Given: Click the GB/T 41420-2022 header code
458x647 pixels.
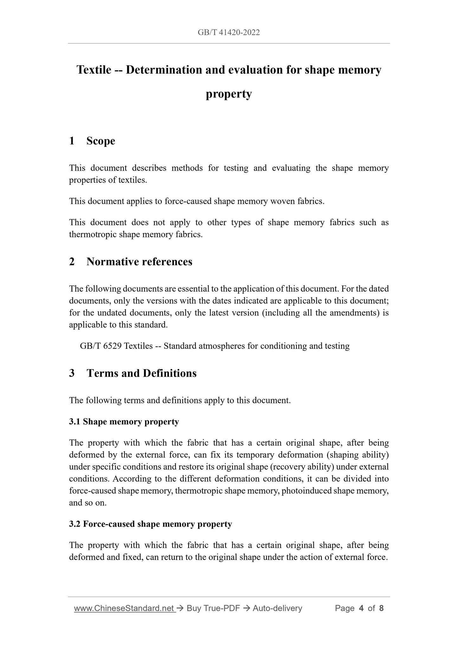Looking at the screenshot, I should pos(229,32).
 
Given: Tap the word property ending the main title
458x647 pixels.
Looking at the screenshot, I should pos(229,94).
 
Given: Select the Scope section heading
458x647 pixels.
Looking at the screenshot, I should pos(100,141).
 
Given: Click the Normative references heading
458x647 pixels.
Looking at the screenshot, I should pos(139,262).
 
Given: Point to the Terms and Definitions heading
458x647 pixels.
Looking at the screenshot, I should pos(141,373).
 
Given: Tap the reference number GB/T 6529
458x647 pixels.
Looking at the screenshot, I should pos(100,346).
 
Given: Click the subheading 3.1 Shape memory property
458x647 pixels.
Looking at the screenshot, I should pos(124,422).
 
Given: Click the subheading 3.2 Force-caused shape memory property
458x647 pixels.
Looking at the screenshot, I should pos(151,524).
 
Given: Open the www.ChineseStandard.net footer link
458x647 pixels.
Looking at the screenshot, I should pos(125,608).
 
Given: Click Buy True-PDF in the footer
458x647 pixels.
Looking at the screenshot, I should pos(213,608).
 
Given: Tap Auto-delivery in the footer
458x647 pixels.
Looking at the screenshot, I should pos(277,608).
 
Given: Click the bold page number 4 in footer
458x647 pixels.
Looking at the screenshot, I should pos(361,608).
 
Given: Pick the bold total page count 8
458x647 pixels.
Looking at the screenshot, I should pos(381,608).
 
